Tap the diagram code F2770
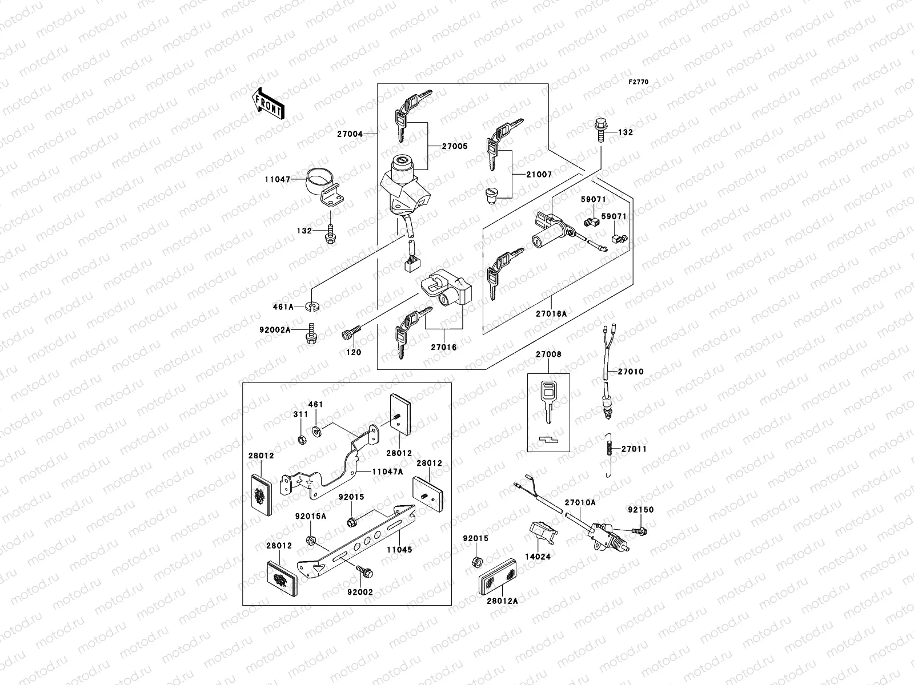[639, 82]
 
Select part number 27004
[349, 134]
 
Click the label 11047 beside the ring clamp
[277, 179]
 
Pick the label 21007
[539, 174]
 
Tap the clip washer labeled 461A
[312, 307]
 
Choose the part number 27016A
[551, 313]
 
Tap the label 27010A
[580, 502]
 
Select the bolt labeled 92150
[641, 531]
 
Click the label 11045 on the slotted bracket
[399, 550]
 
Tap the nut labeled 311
[300, 439]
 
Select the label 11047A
[387, 472]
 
